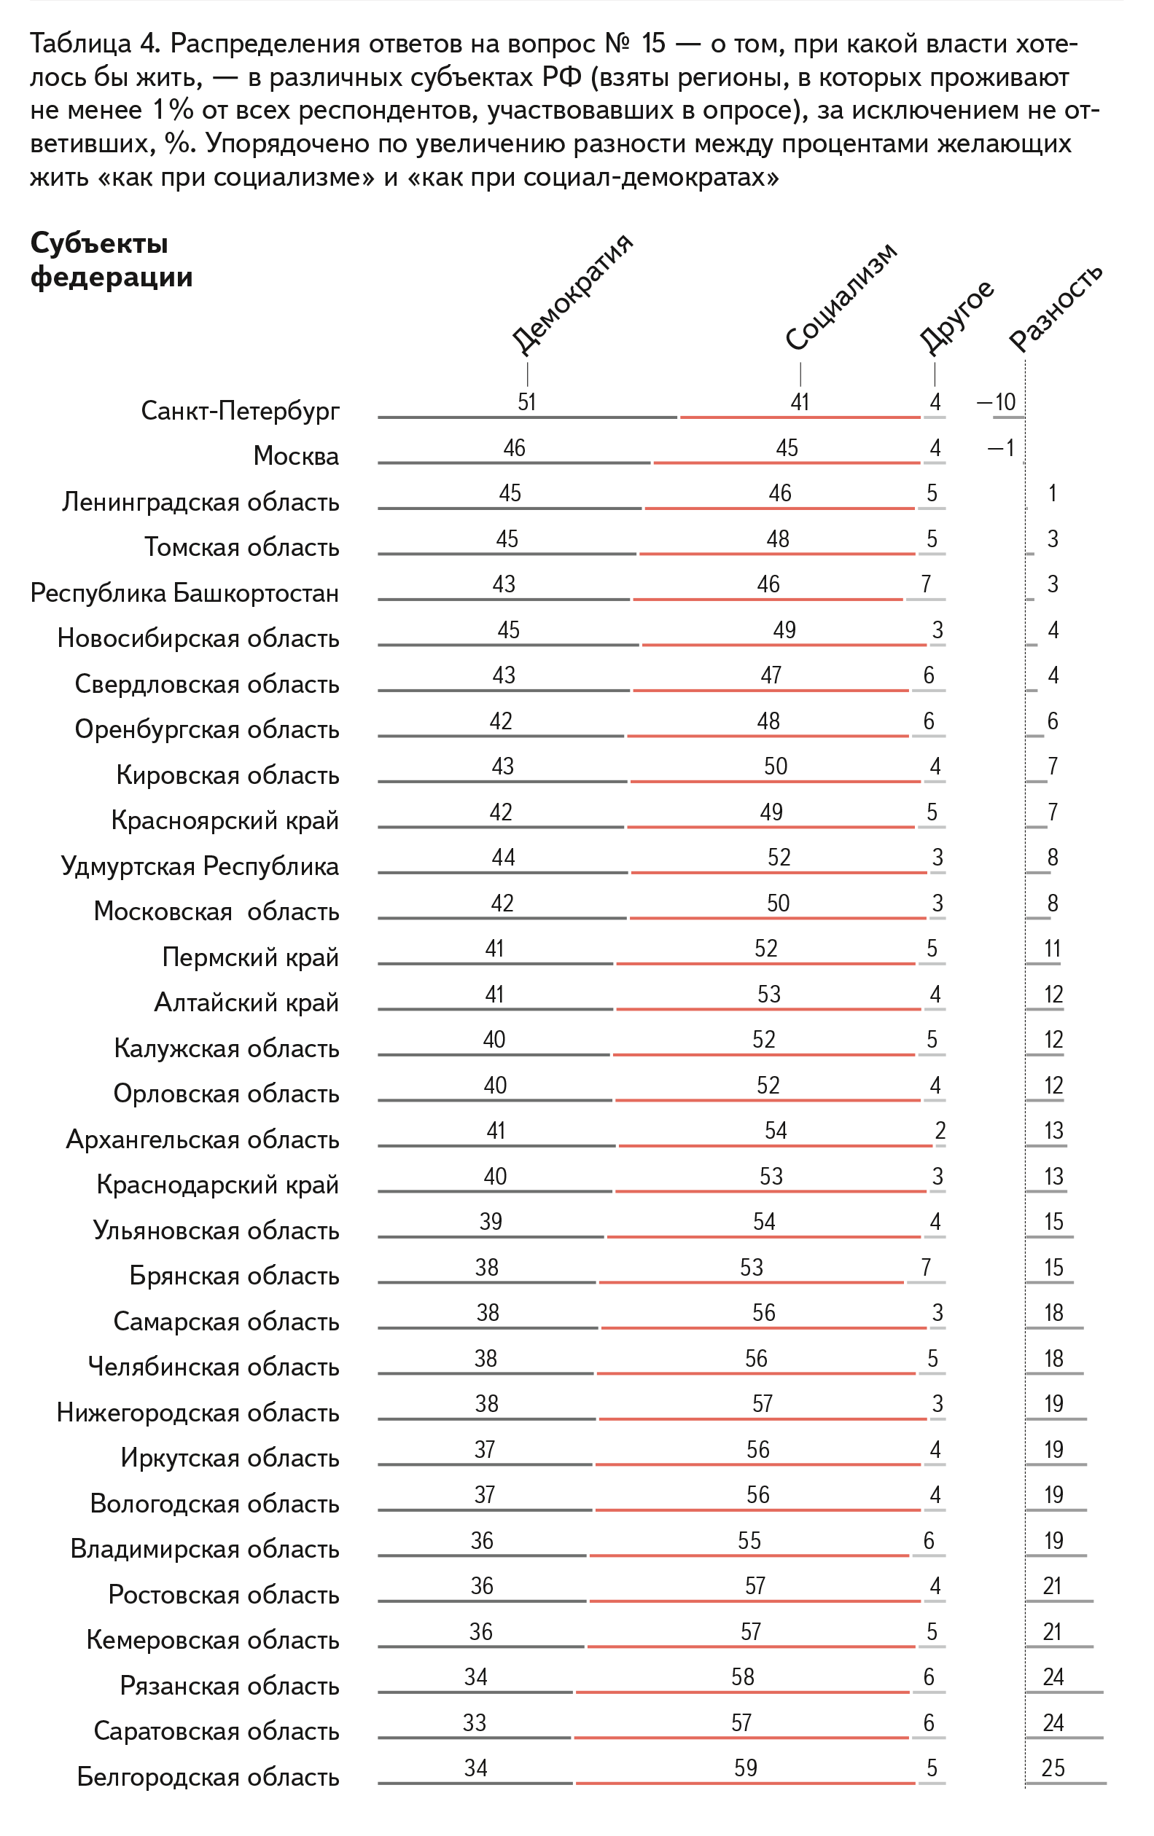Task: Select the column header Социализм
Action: [x=841, y=297]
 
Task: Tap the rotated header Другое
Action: [x=956, y=316]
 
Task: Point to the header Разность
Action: [x=1056, y=307]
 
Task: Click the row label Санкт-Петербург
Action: [x=241, y=411]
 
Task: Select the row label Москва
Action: [x=296, y=456]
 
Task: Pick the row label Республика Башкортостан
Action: [x=184, y=593]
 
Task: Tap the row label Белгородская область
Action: [x=208, y=1777]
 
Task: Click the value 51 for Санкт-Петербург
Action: [x=527, y=402]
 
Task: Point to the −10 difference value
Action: [x=997, y=402]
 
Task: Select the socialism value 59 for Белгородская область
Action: [x=745, y=1768]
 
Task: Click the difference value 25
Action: [x=1053, y=1768]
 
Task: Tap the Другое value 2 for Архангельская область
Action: [x=940, y=1131]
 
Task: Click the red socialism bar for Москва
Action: [x=787, y=463]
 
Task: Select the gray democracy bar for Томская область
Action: [x=507, y=554]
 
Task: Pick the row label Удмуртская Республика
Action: [x=200, y=866]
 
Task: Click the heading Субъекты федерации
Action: [x=112, y=260]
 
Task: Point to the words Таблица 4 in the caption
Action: [x=95, y=44]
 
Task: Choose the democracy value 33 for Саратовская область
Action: [x=475, y=1722]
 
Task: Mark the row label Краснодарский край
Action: [x=217, y=1185]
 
